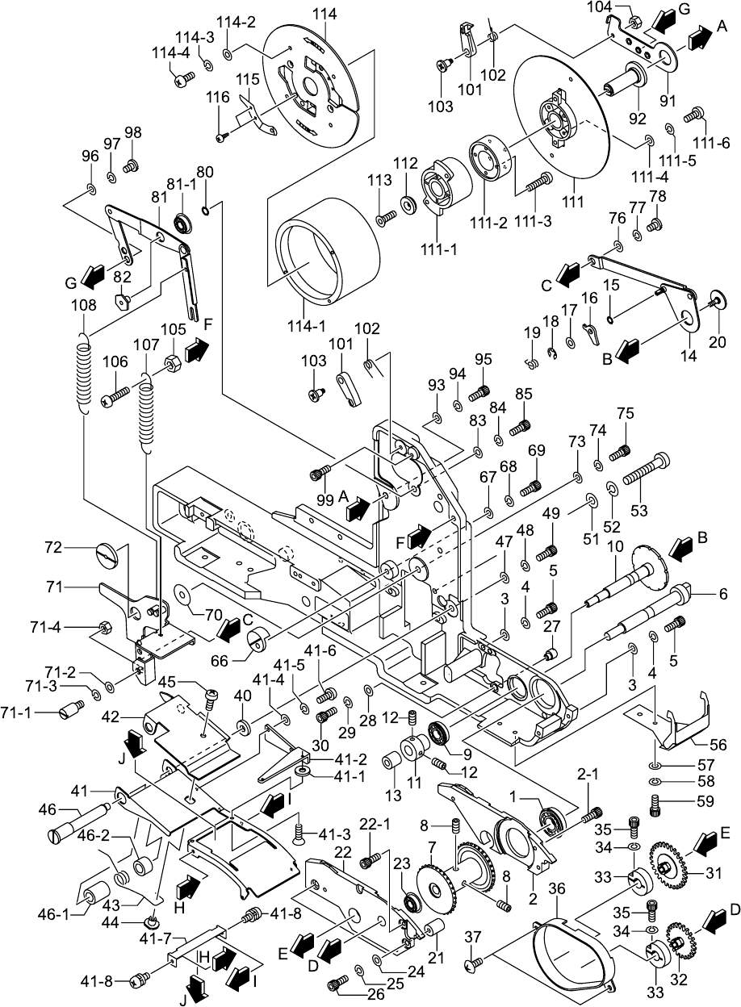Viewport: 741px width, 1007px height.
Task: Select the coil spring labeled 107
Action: pos(146,412)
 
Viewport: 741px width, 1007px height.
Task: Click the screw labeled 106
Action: pos(116,396)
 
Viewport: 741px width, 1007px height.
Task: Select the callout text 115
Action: pos(248,80)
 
